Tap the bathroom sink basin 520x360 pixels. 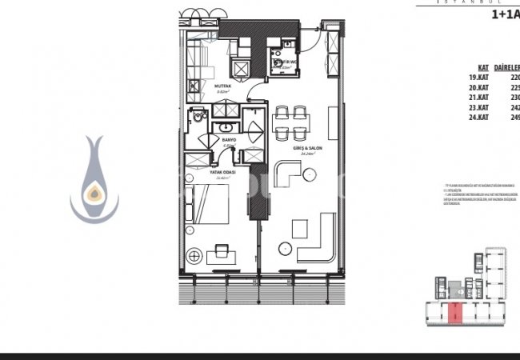point(226,128)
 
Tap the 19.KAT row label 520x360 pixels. point(478,78)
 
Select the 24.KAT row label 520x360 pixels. point(478,117)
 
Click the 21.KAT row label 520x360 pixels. point(478,98)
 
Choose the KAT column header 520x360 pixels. point(483,69)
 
